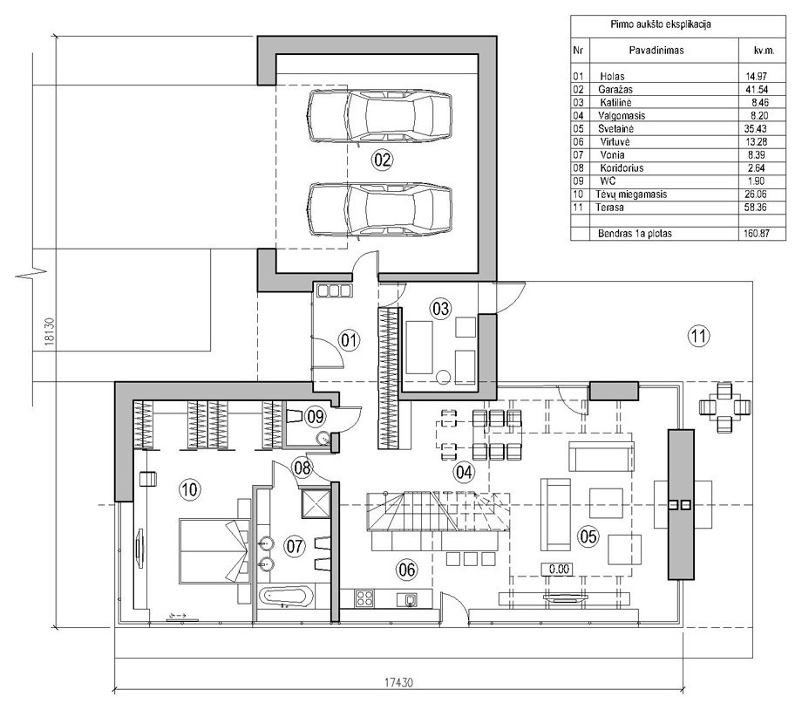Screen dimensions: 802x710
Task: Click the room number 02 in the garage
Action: tap(382, 160)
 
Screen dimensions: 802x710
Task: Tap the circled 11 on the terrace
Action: tap(699, 336)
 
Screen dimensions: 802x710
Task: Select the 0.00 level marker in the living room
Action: tap(558, 569)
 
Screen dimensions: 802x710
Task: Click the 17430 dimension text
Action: tap(399, 682)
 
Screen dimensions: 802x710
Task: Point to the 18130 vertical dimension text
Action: tap(50, 331)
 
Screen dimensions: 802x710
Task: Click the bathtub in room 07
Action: tap(285, 597)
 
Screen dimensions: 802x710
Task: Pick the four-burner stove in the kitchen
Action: tap(364, 597)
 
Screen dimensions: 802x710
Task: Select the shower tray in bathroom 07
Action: tap(316, 503)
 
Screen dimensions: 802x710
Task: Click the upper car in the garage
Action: tap(379, 115)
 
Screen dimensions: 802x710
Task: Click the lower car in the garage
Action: tap(379, 210)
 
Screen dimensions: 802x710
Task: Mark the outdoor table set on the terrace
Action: tap(724, 407)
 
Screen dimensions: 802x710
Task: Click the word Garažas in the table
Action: tap(615, 89)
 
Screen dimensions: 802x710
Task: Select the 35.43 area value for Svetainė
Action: tap(757, 128)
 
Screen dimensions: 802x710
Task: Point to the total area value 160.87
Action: tap(757, 234)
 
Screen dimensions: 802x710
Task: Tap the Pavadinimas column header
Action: tap(656, 51)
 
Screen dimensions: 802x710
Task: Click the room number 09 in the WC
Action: tap(315, 416)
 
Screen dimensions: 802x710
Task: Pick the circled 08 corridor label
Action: tap(302, 467)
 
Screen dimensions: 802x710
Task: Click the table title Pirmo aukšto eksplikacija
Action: tap(660, 24)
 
